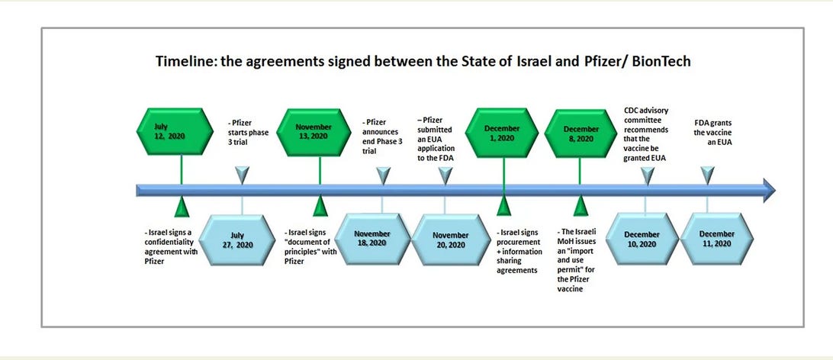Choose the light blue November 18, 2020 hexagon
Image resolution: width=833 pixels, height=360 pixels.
pos(372,239)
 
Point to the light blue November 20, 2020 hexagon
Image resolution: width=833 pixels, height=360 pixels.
pos(449,239)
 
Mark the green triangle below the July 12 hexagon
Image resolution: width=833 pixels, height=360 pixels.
pos(182,207)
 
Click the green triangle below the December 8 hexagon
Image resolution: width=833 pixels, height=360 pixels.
pos(581,207)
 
